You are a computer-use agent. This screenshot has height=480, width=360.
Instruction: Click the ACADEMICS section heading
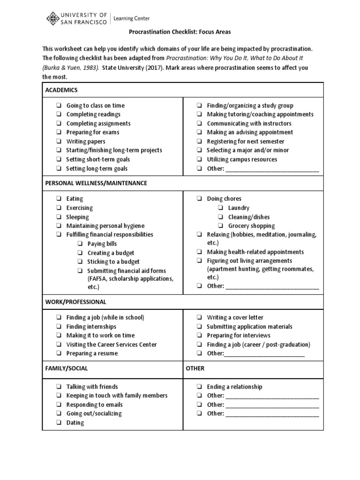61,90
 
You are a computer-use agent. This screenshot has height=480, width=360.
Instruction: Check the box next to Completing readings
59,114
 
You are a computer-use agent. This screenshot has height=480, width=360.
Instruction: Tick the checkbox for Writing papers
59,142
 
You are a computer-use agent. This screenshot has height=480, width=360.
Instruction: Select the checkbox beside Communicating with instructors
199,124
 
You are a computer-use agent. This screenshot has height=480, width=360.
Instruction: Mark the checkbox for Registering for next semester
199,142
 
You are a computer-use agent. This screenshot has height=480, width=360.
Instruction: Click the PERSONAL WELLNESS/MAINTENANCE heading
96,183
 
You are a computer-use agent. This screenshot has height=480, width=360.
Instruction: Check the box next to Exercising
59,208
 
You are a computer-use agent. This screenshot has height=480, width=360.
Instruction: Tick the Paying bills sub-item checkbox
80,244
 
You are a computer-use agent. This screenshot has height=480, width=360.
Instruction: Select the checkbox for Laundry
220,208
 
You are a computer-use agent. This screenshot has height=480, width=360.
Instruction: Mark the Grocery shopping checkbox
220,226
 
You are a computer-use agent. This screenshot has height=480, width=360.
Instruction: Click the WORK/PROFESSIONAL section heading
75,302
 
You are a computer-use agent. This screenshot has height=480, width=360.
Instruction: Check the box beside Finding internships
59,327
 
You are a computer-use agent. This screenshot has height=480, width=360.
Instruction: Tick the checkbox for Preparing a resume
59,353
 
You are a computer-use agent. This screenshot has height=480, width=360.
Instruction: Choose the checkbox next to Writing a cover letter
199,318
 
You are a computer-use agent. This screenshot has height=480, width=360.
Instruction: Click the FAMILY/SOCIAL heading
67,368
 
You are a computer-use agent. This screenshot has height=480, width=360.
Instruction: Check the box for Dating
59,423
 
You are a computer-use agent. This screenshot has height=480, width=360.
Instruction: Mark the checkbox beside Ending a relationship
199,387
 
